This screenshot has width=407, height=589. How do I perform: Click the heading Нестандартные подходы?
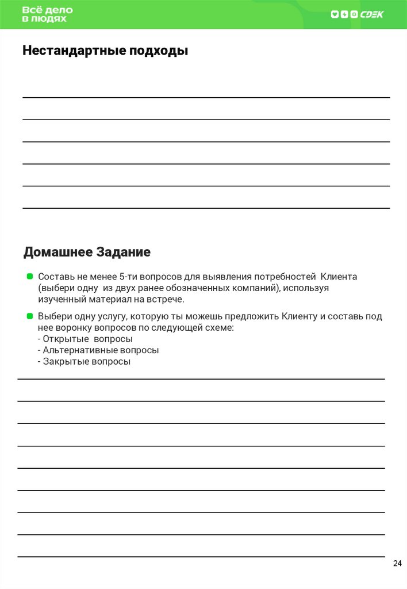click(105, 51)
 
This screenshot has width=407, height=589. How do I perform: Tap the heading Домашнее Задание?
click(87, 252)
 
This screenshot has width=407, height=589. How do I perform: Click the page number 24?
click(397, 563)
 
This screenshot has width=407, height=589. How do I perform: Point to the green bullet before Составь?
click(29, 277)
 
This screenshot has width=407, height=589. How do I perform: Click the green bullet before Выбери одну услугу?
click(29, 316)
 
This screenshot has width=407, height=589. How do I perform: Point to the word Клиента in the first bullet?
click(339, 277)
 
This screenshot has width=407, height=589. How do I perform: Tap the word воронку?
click(74, 327)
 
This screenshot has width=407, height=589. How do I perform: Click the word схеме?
click(218, 327)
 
